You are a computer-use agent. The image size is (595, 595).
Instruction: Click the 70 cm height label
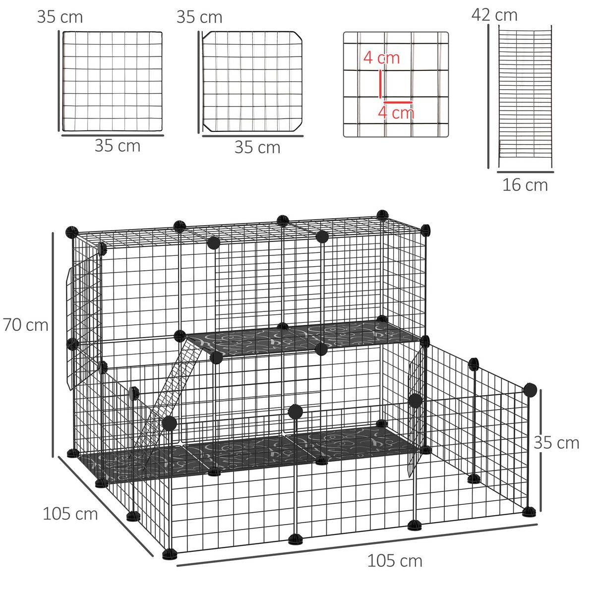pyautogui.click(x=26, y=325)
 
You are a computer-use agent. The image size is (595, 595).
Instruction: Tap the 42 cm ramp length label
pyautogui.click(x=494, y=15)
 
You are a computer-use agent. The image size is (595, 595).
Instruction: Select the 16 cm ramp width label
pyautogui.click(x=525, y=185)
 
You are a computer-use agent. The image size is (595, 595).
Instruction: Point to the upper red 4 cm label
pyautogui.click(x=381, y=58)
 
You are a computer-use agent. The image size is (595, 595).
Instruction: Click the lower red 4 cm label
pyautogui.click(x=396, y=112)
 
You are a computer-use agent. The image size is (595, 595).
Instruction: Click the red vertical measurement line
pyautogui.click(x=380, y=84)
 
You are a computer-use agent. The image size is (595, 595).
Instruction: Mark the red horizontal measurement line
pyautogui.click(x=398, y=102)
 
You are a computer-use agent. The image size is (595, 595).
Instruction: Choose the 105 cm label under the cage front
pyautogui.click(x=395, y=561)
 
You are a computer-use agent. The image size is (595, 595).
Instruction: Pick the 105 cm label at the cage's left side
pyautogui.click(x=70, y=513)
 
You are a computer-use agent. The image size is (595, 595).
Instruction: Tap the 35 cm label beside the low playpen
pyautogui.click(x=556, y=442)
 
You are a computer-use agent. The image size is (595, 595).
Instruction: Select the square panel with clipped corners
pyautogui.click(x=252, y=82)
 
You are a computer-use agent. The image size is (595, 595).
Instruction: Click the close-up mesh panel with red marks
pyautogui.click(x=396, y=84)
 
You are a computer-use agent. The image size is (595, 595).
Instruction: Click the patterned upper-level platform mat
pyautogui.click(x=302, y=337)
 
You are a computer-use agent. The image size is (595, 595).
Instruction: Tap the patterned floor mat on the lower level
pyautogui.click(x=248, y=451)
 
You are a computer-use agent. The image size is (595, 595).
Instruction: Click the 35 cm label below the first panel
pyautogui.click(x=118, y=146)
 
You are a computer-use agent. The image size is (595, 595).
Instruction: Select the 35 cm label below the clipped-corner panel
pyautogui.click(x=257, y=147)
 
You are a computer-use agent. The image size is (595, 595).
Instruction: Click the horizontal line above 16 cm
pyautogui.click(x=525, y=172)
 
